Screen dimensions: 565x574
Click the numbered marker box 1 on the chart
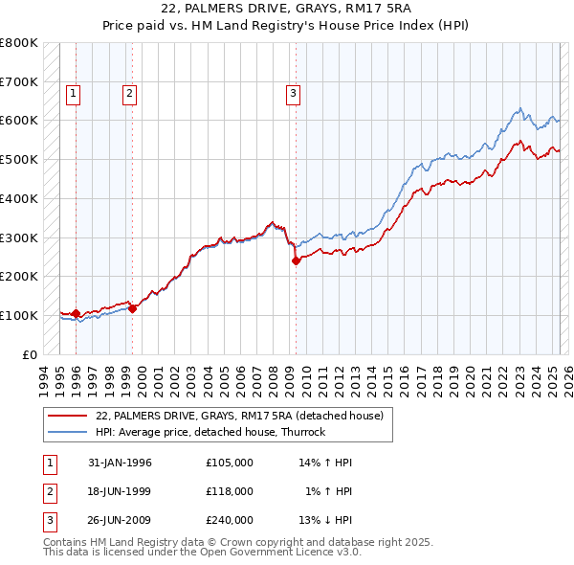pyautogui.click(x=74, y=93)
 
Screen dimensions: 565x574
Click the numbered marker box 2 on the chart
pyautogui.click(x=129, y=93)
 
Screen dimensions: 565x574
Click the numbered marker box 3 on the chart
pyautogui.click(x=292, y=93)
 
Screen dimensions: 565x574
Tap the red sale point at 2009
pyautogui.click(x=297, y=260)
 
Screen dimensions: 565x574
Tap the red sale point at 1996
pyautogui.click(x=77, y=313)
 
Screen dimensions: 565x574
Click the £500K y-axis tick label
pyautogui.click(x=19, y=159)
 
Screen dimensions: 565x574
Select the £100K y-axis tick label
pyautogui.click(x=19, y=315)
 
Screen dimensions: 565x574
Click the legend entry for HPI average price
pyautogui.click(x=210, y=432)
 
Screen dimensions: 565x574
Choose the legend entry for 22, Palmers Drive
pyautogui.click(x=239, y=416)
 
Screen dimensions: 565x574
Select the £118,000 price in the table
pyautogui.click(x=230, y=491)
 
